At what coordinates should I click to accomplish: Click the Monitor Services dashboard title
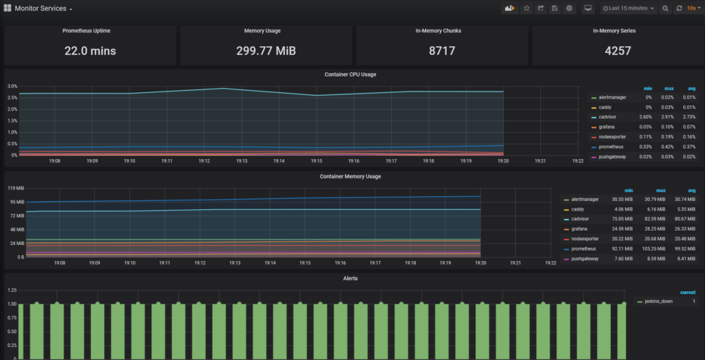click(x=40, y=8)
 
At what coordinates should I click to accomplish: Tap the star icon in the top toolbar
click(x=527, y=8)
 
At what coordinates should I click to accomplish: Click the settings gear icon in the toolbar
click(x=569, y=8)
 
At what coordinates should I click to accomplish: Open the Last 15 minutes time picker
click(x=629, y=8)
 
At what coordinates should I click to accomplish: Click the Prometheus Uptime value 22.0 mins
click(x=90, y=51)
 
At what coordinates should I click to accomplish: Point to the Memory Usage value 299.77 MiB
click(x=266, y=51)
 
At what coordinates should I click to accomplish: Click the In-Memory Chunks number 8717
click(x=441, y=51)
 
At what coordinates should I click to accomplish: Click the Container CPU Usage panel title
click(x=350, y=74)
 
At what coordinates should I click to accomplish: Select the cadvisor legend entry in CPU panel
click(x=608, y=117)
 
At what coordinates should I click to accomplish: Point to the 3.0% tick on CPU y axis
click(x=12, y=87)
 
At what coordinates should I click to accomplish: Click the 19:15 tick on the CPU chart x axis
click(x=316, y=161)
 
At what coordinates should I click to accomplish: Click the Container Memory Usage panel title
click(x=350, y=176)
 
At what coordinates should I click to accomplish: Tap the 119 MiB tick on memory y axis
click(x=15, y=189)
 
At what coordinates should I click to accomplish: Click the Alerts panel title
click(x=350, y=278)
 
